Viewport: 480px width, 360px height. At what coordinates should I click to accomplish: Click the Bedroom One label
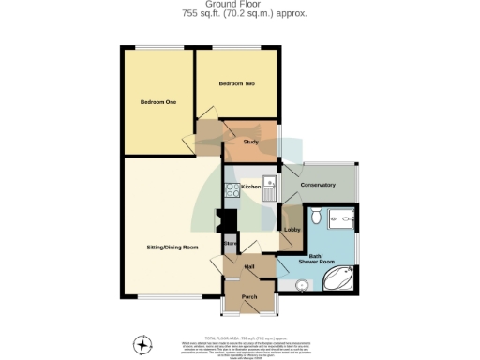pos(158,101)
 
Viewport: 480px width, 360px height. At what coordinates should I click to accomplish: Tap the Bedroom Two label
pos(236,83)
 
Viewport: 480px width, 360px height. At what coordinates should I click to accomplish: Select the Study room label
pos(250,142)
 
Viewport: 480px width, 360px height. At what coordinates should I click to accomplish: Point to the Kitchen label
pos(250,187)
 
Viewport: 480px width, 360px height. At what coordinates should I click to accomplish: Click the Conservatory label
pos(318,185)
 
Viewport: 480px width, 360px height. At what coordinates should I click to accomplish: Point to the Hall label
pos(250,267)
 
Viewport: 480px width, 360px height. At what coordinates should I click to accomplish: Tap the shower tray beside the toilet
pos(343,217)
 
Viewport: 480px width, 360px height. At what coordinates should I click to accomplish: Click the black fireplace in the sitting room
pos(220,222)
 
